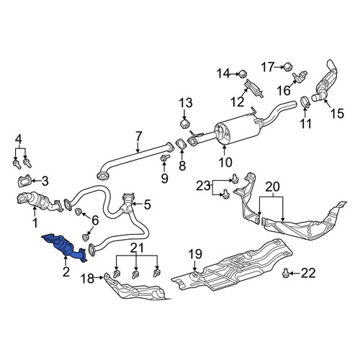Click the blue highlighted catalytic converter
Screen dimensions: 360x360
click(x=64, y=247)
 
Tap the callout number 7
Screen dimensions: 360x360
click(x=138, y=136)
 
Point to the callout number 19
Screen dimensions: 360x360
click(x=195, y=254)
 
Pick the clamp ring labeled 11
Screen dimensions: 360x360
click(x=305, y=102)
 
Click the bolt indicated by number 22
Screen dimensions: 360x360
click(x=285, y=273)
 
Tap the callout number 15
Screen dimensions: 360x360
click(x=337, y=113)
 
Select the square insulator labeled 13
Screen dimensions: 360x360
click(x=184, y=123)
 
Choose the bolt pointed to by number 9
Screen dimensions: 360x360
click(x=165, y=157)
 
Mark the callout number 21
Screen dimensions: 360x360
click(x=137, y=248)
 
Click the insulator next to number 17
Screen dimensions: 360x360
click(x=287, y=66)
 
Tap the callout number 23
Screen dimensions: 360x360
click(x=204, y=186)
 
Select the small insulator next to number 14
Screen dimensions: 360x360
click(x=243, y=73)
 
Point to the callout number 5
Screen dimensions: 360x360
click(x=147, y=204)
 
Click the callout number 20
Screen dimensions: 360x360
click(x=272, y=186)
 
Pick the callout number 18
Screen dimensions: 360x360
click(x=87, y=279)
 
